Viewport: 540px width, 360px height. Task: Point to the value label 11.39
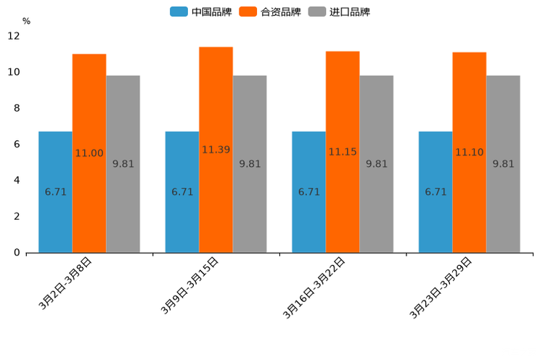pos(216,150)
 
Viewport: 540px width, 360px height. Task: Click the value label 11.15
pos(343,152)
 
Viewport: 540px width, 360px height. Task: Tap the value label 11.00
pos(89,153)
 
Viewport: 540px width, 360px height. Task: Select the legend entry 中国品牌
pos(201,12)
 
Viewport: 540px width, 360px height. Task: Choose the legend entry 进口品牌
pos(339,12)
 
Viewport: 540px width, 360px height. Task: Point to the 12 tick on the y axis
pos(14,36)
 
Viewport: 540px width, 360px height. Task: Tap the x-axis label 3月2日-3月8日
pos(65,284)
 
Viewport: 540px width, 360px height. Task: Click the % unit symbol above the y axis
pos(26,21)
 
